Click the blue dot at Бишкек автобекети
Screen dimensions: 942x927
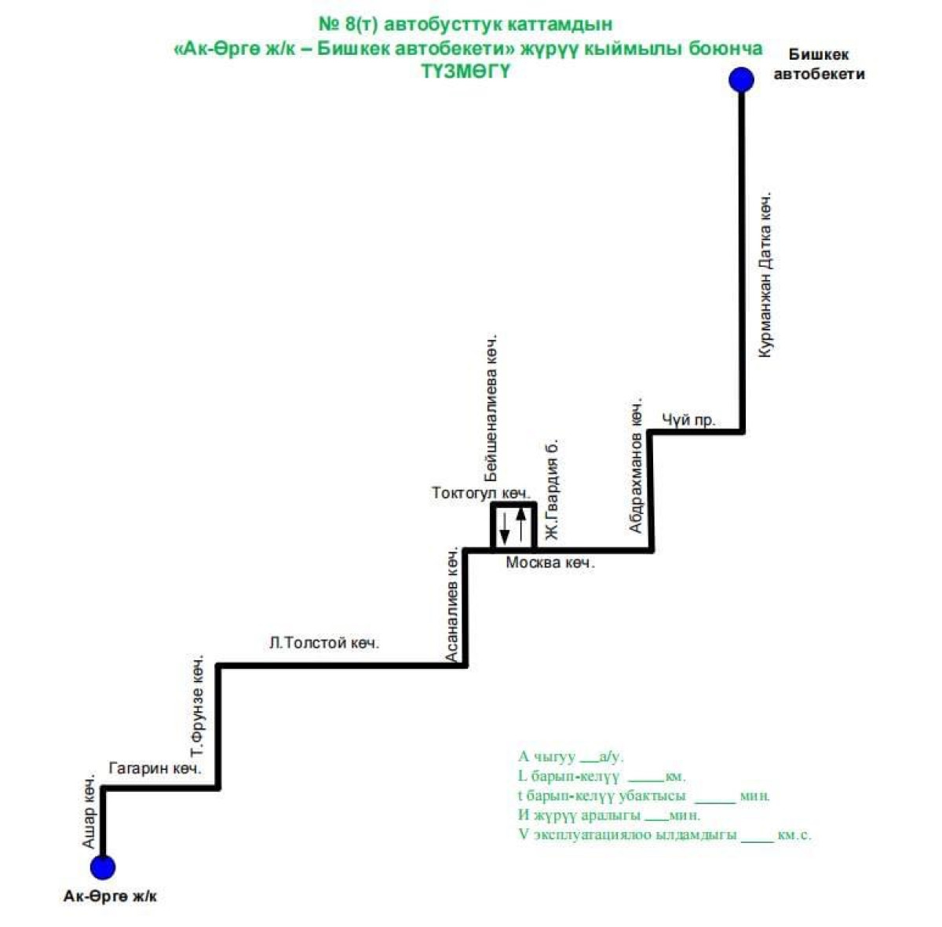[x=741, y=80]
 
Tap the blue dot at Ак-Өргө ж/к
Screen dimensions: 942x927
[x=103, y=867]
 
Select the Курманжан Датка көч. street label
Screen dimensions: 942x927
[x=765, y=275]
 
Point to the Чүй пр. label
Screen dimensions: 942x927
[x=688, y=419]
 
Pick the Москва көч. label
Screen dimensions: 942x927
[x=550, y=563]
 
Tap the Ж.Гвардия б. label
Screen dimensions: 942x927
[x=551, y=490]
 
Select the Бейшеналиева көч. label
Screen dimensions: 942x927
[x=491, y=408]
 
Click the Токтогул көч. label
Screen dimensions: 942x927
[x=481, y=493]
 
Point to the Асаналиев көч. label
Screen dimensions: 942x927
[x=452, y=604]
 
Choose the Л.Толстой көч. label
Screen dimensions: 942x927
[x=324, y=643]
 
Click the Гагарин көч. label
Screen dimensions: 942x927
[x=155, y=768]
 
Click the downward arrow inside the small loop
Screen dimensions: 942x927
[x=505, y=528]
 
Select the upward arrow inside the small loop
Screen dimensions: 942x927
[x=521, y=524]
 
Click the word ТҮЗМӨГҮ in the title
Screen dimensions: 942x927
[x=466, y=71]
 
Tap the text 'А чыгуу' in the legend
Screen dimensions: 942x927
[x=546, y=757]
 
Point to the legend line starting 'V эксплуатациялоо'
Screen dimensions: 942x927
[x=665, y=834]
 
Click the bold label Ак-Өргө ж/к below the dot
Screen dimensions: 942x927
[x=110, y=896]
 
